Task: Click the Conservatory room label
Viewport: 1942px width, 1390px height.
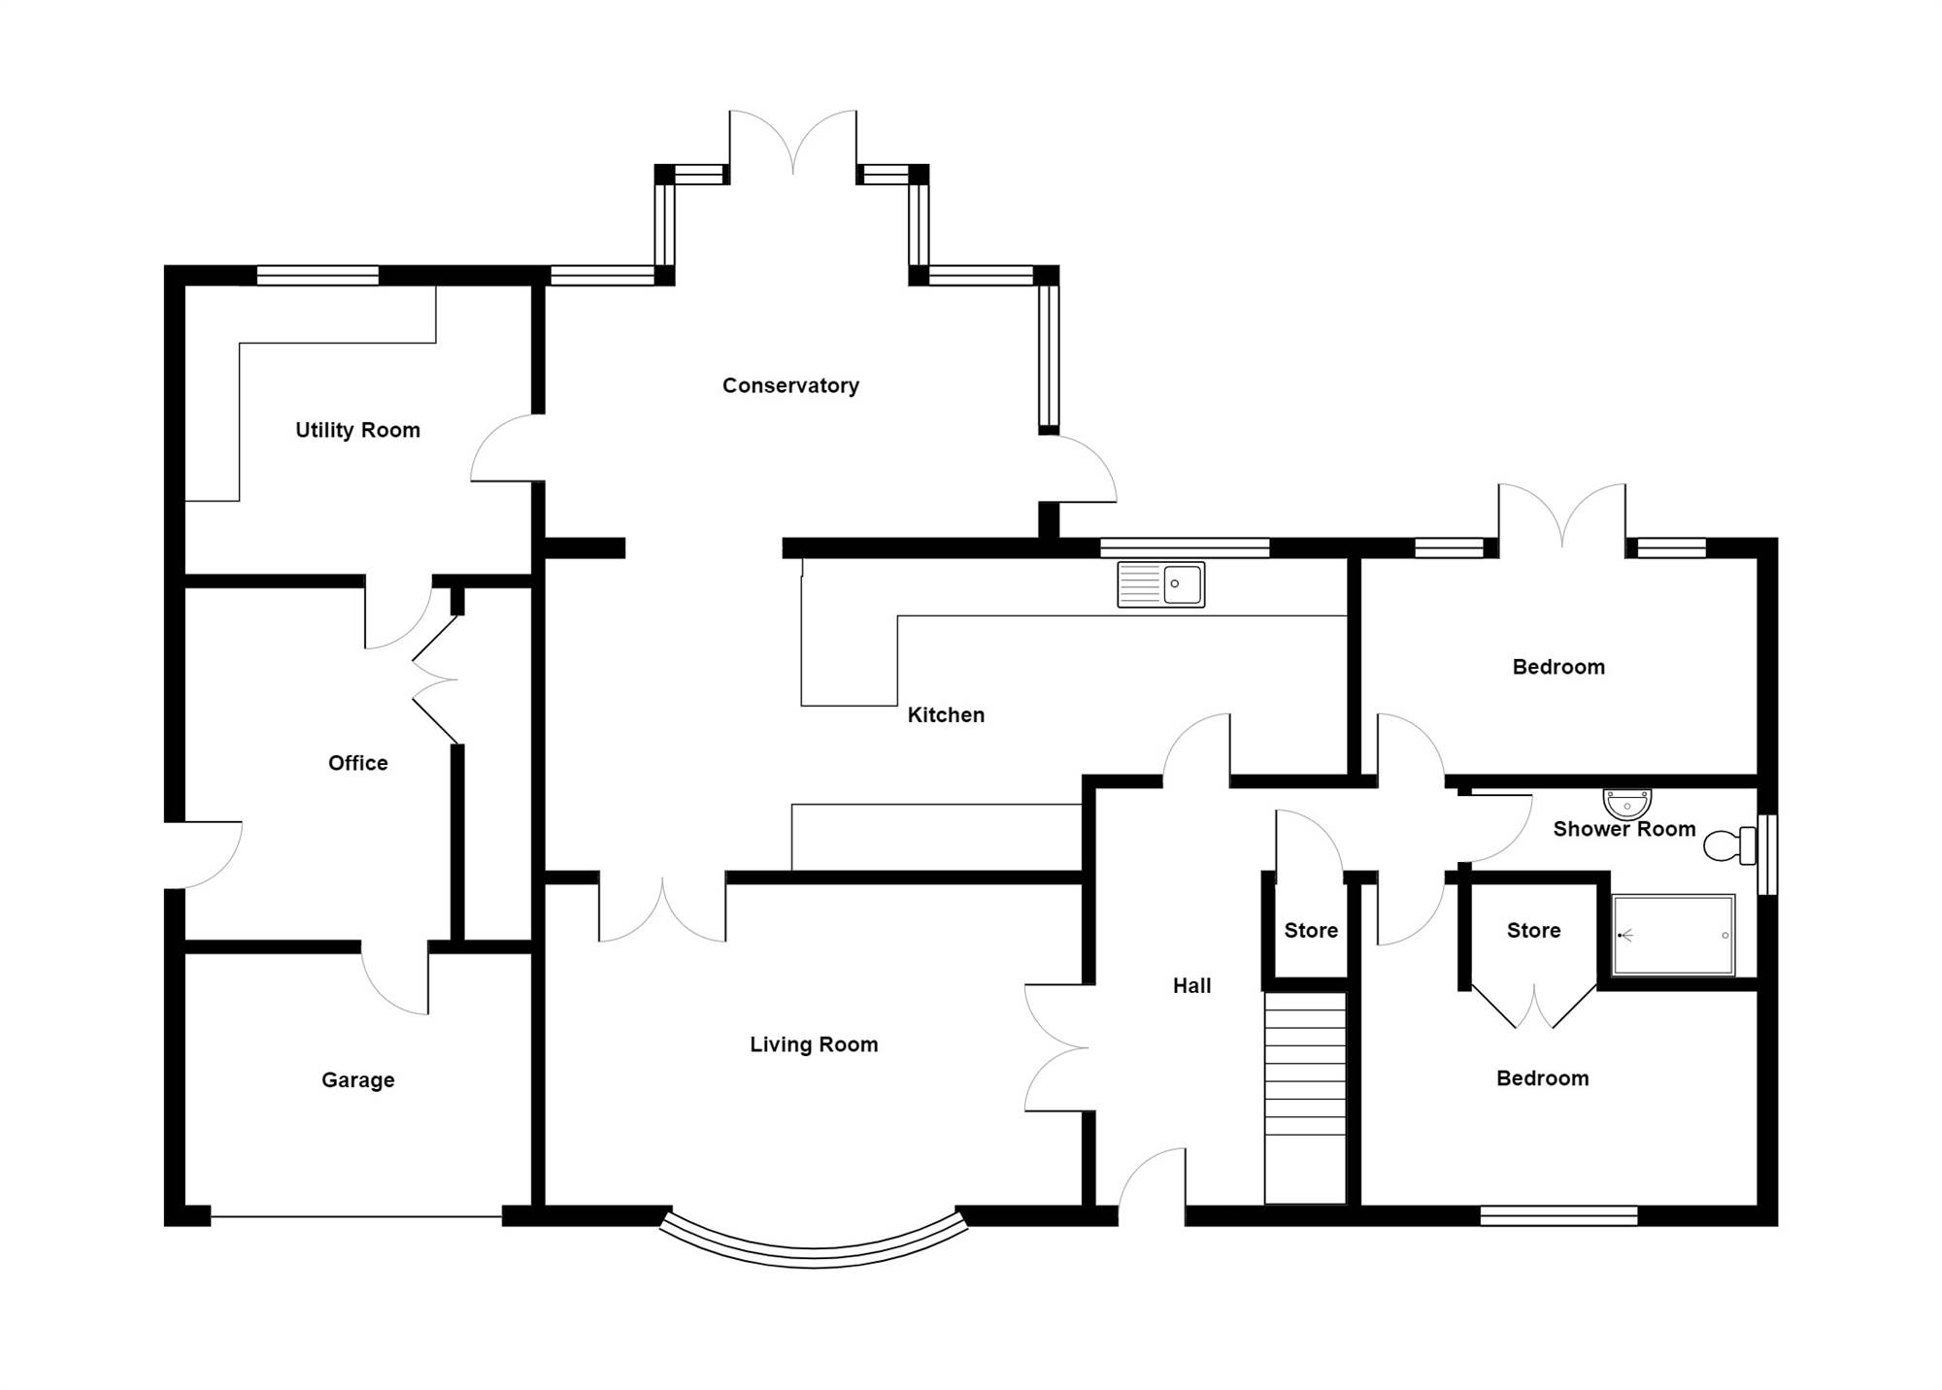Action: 790,385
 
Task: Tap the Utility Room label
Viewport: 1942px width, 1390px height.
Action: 357,430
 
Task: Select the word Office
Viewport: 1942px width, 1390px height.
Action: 357,763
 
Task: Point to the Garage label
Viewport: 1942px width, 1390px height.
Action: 357,1080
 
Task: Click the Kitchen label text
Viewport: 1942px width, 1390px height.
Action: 946,715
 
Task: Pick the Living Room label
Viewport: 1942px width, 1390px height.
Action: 814,1044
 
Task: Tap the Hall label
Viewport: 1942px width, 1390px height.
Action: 1191,986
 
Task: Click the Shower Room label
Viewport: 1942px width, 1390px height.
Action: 1624,829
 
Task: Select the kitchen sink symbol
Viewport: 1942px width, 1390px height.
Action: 1161,584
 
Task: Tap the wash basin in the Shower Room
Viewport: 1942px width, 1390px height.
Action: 1626,804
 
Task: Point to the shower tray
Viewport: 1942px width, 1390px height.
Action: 1673,935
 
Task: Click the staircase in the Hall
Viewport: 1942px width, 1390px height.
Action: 1305,1098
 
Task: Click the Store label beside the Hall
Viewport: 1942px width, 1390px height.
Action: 1311,931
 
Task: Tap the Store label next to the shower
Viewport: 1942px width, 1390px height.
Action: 1533,931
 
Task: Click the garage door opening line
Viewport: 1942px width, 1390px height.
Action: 356,1216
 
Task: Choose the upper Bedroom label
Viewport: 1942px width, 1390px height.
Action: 1558,667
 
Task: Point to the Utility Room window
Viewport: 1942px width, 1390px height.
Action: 318,276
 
